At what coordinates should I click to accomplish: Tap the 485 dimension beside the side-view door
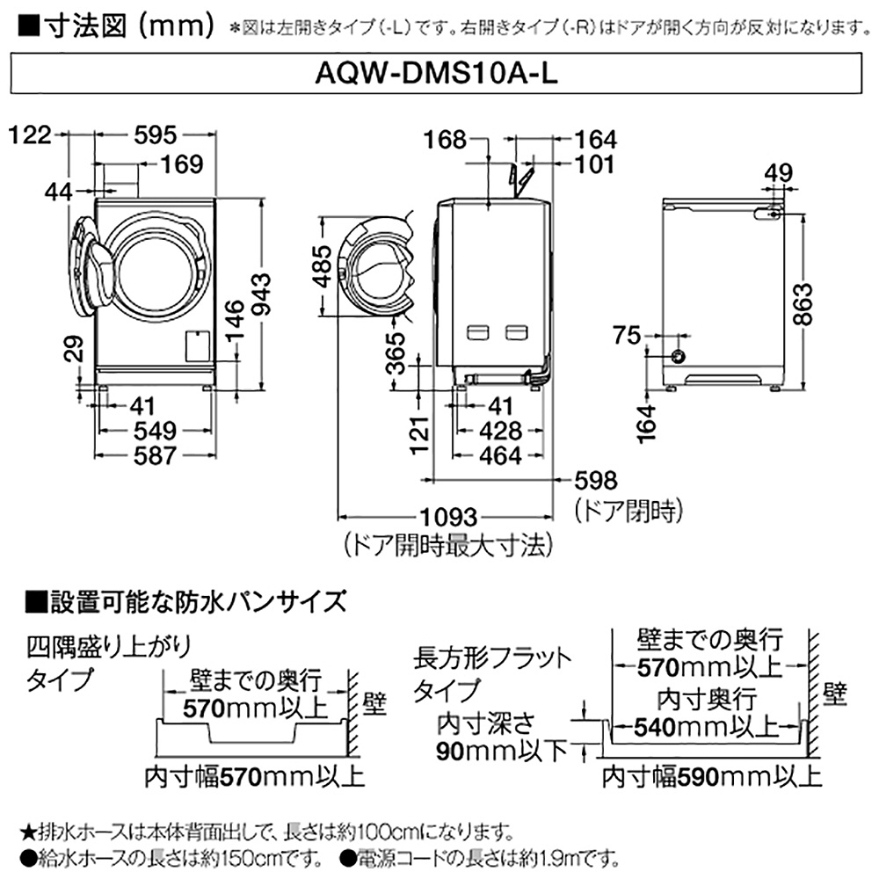[323, 265]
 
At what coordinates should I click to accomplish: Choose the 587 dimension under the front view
[155, 455]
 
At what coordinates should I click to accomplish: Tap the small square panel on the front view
[199, 345]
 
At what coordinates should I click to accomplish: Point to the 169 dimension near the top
[184, 163]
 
